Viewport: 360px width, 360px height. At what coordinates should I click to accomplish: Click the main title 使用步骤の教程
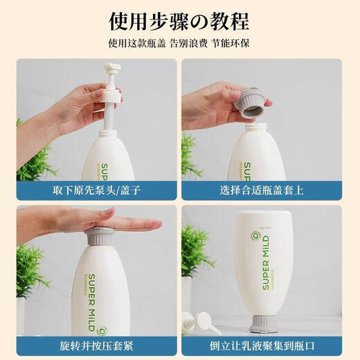pyautogui.click(x=179, y=21)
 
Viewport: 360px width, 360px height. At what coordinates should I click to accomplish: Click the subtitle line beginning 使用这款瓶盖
pyautogui.click(x=179, y=44)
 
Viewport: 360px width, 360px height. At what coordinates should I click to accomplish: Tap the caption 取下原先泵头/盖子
pyautogui.click(x=97, y=190)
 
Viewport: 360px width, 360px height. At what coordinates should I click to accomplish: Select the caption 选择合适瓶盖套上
pyautogui.click(x=262, y=190)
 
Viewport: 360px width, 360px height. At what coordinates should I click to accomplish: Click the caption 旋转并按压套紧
pyautogui.click(x=96, y=346)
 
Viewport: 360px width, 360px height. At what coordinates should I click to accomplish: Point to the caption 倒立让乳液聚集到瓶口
pyautogui.click(x=262, y=346)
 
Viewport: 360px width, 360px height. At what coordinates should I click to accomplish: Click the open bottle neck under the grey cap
pyautogui.click(x=255, y=127)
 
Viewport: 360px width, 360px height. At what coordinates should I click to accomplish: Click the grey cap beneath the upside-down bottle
pyautogui.click(x=264, y=325)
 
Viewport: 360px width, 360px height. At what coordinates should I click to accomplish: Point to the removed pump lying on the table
pyautogui.click(x=200, y=323)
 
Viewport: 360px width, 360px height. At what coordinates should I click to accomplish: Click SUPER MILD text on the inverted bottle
pyautogui.click(x=266, y=262)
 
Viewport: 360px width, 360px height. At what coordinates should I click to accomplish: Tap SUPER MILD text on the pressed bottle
pyautogui.click(x=92, y=303)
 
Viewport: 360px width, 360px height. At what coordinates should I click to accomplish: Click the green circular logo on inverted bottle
pyautogui.click(x=255, y=236)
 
